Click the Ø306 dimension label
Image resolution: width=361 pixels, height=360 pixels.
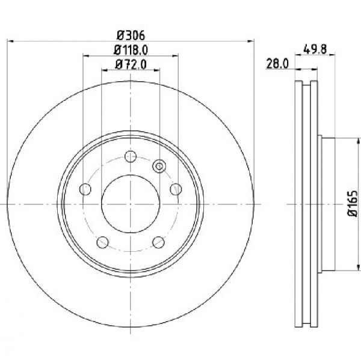click(131, 35)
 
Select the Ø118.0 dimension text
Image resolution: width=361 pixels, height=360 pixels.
click(131, 50)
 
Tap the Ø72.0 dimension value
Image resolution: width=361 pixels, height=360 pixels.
click(131, 64)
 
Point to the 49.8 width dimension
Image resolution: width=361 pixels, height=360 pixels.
click(315, 49)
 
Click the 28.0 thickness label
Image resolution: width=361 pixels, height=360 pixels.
click(277, 64)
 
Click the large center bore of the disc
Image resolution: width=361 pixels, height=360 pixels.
click(131, 204)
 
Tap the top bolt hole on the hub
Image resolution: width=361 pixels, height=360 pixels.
click(131, 157)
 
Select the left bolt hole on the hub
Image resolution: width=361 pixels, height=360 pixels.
click(85, 189)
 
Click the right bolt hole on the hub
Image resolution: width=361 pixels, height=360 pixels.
click(176, 189)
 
